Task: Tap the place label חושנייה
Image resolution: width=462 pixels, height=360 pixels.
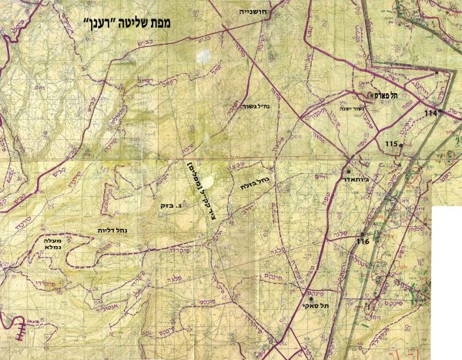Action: point(251,12)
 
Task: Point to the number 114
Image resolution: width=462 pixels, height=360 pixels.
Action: point(430,113)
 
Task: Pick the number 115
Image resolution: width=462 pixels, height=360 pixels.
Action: point(390,145)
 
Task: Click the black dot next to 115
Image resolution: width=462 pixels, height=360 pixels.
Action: point(401,145)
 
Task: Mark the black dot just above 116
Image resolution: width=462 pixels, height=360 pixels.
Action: point(363,234)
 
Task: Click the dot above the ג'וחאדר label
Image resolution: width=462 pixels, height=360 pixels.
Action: point(347,170)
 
